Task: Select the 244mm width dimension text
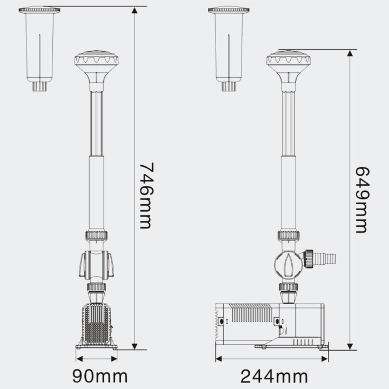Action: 274,376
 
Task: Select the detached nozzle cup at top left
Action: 39,46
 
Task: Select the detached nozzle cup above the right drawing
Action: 229,46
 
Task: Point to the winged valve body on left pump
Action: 96,265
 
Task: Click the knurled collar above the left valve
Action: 96,236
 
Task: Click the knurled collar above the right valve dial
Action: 288,236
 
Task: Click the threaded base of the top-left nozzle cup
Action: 39,86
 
